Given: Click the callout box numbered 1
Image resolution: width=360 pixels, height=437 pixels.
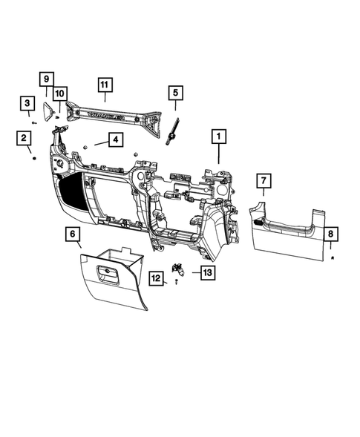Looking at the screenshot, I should pyautogui.click(x=218, y=137).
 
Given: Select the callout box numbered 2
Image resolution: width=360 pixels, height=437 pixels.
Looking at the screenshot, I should pyautogui.click(x=24, y=138).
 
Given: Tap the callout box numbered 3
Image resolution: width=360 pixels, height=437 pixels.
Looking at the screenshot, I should pyautogui.click(x=27, y=102).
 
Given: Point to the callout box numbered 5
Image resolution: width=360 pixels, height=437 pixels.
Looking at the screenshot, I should pyautogui.click(x=175, y=93).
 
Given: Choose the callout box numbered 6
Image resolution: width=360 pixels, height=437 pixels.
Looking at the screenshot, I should pyautogui.click(x=73, y=235).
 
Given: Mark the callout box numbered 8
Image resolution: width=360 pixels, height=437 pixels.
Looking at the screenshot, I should pyautogui.click(x=331, y=234).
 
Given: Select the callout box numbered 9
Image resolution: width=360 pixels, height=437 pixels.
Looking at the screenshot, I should pyautogui.click(x=45, y=79).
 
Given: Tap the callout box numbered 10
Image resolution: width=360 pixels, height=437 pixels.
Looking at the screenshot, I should pyautogui.click(x=59, y=93).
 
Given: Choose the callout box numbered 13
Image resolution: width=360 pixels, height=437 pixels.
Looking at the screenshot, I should pyautogui.click(x=207, y=272).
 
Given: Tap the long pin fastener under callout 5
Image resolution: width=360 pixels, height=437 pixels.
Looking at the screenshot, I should pyautogui.click(x=175, y=124).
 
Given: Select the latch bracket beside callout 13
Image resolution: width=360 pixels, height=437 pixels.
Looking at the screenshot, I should pyautogui.click(x=179, y=270).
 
